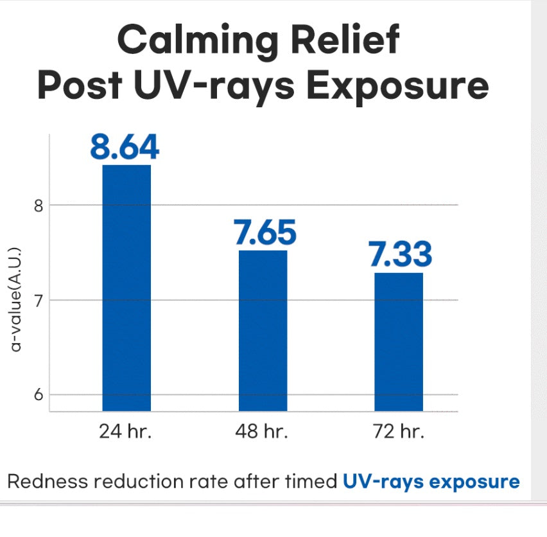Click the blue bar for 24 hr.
point(126,288)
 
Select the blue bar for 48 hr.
point(263,330)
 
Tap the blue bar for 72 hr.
point(399,342)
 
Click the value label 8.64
point(125,146)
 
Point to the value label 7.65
point(265,233)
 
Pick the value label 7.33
point(400,255)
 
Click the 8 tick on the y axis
point(37,206)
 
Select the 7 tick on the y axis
point(37,300)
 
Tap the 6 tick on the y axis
point(37,394)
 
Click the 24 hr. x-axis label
point(125,432)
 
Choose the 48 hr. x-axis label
point(263,432)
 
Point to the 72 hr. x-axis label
point(399,432)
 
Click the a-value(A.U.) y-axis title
point(17,299)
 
